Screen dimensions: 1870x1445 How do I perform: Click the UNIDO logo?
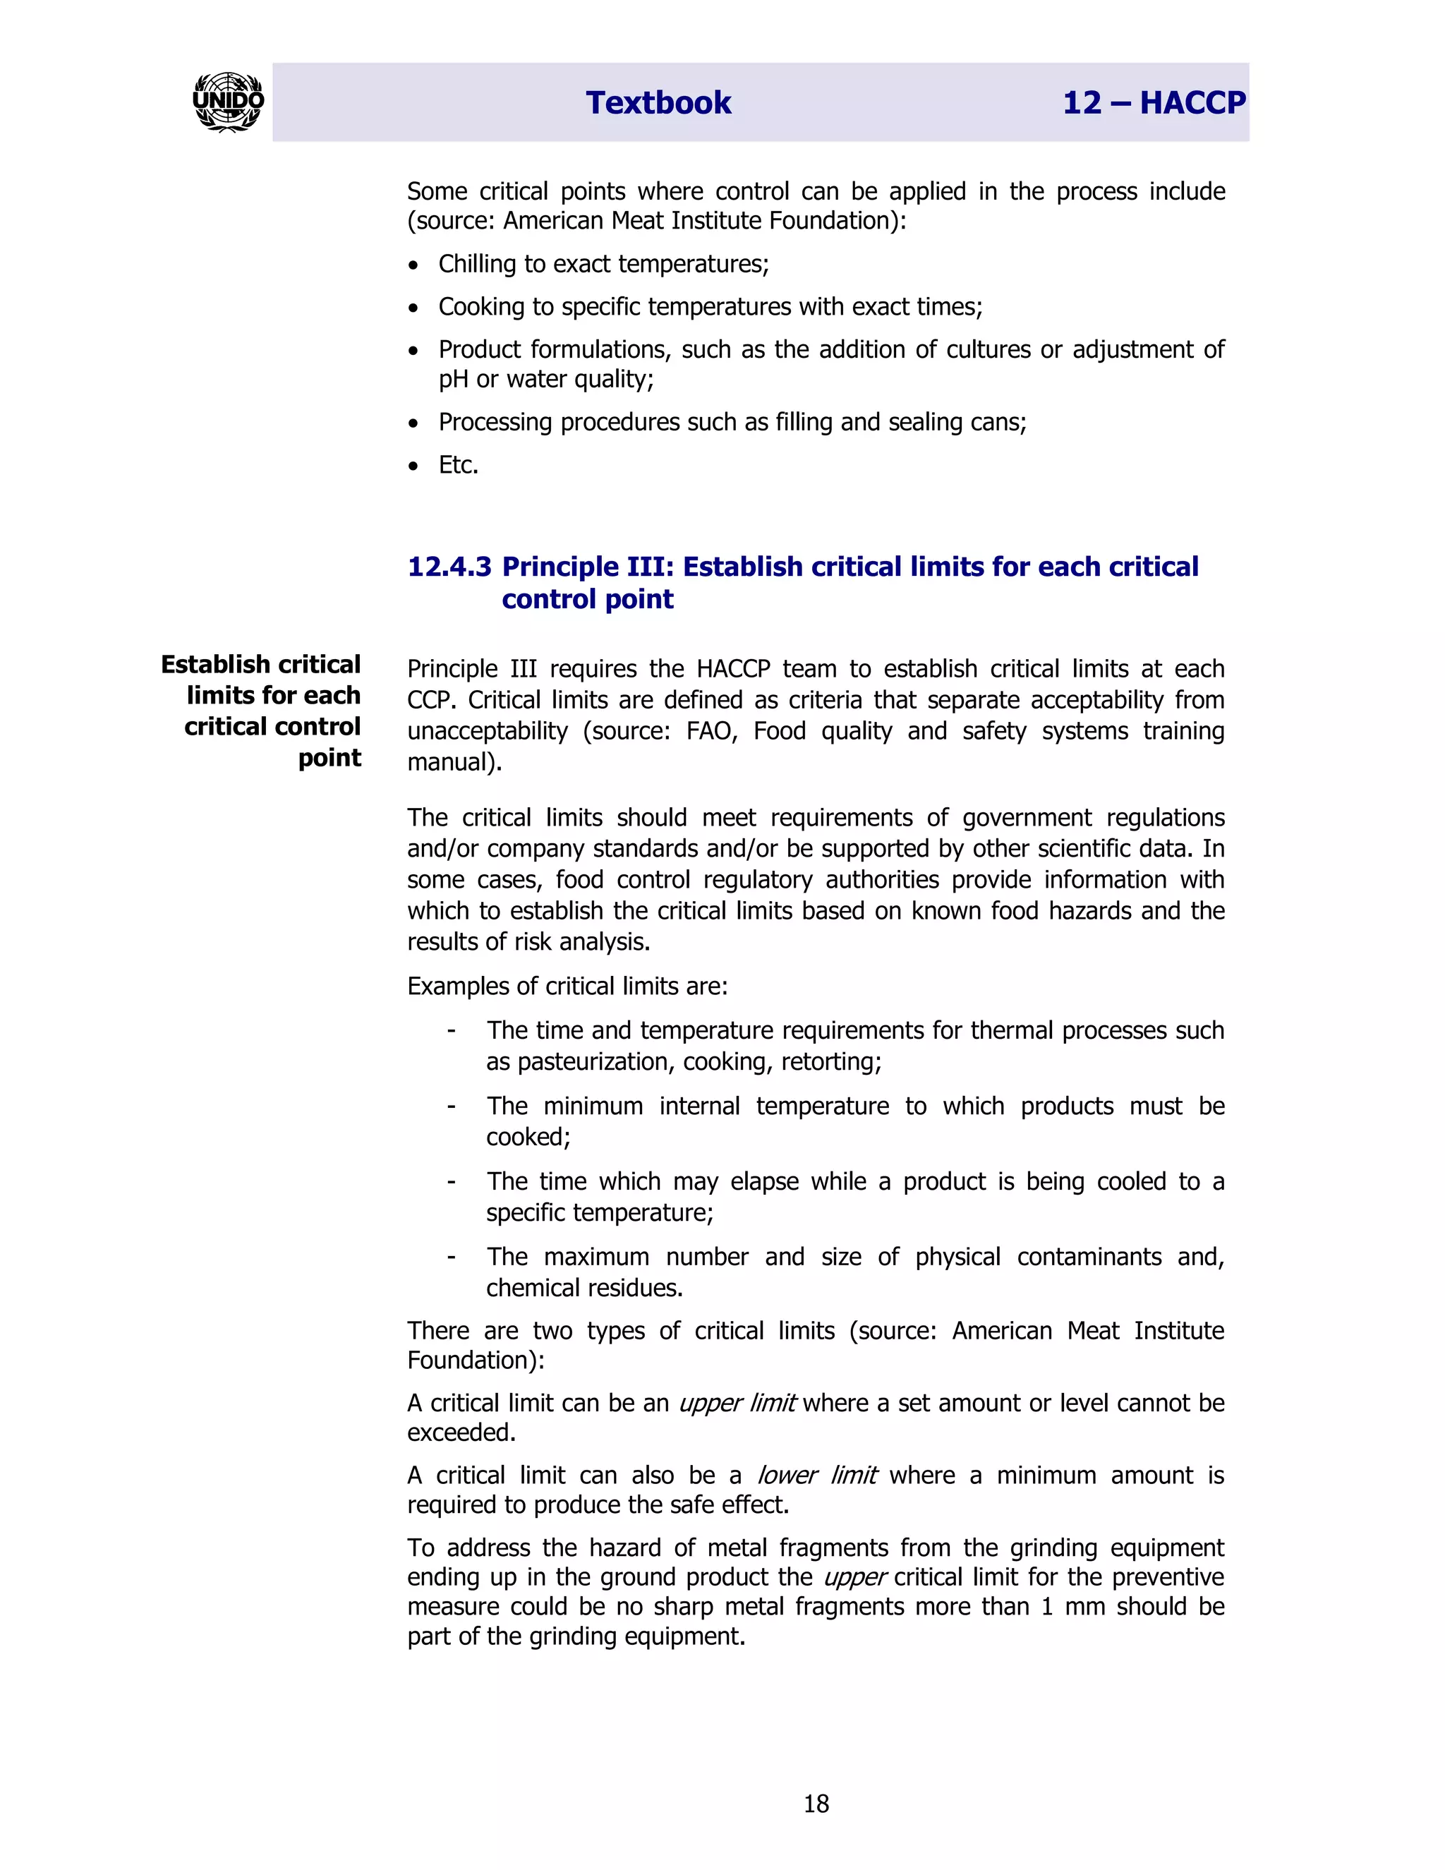[x=228, y=102]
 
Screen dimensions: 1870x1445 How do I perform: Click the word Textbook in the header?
[x=658, y=103]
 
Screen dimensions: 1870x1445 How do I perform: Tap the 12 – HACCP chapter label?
[x=1153, y=103]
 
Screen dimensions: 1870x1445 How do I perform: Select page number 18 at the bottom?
[x=816, y=1804]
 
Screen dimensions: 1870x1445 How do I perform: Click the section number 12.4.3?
[x=449, y=567]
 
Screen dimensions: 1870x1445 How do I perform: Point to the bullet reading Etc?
[x=458, y=465]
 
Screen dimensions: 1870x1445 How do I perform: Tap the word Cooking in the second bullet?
[x=478, y=306]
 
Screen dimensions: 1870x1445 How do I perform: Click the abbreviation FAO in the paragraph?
[x=711, y=731]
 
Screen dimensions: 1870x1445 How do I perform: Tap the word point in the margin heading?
[x=329, y=758]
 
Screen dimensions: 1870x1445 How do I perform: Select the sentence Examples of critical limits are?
[x=567, y=987]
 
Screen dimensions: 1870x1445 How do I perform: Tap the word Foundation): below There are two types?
[x=475, y=1361]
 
